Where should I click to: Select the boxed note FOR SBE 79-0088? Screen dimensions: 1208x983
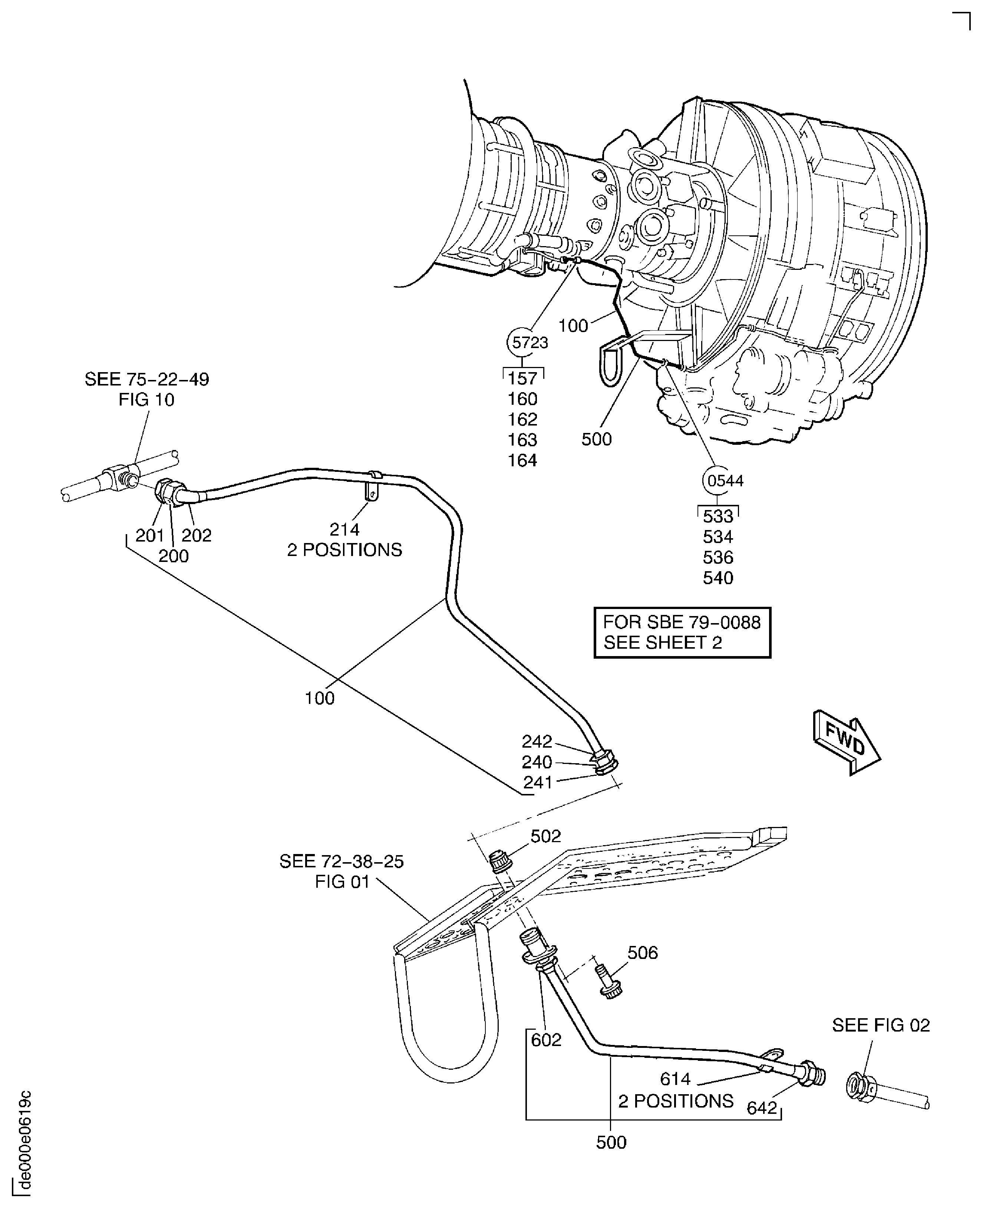[682, 632]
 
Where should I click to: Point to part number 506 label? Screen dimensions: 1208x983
[643, 953]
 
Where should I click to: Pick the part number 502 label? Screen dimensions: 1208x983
[545, 836]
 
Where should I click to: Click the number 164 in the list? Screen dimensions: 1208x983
[522, 460]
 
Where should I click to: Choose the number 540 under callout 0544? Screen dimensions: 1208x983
[718, 578]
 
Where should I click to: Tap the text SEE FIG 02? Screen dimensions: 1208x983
[881, 1025]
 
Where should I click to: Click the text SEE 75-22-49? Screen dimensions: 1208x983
[147, 379]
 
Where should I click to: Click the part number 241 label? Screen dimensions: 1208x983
[537, 782]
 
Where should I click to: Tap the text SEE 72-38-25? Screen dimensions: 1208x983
[342, 861]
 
